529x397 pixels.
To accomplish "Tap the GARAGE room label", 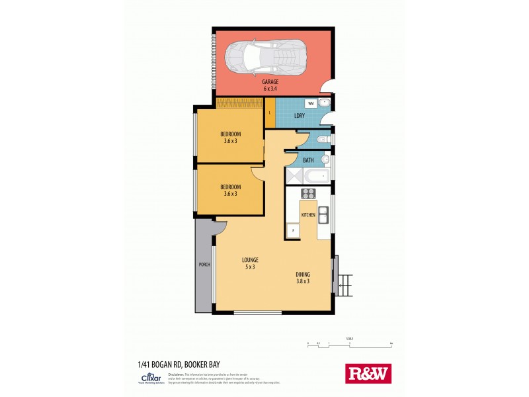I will [x=270, y=82].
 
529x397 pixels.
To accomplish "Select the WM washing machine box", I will [x=310, y=104].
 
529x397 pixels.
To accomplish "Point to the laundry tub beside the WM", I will [x=325, y=104].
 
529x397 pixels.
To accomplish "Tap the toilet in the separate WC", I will [x=322, y=140].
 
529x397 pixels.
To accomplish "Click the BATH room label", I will [x=308, y=160].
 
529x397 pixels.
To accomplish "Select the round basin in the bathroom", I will [x=325, y=159].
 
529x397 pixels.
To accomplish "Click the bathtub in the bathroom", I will [x=316, y=176].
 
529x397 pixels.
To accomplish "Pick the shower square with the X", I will [x=294, y=176].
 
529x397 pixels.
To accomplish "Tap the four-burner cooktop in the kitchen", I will [x=307, y=194].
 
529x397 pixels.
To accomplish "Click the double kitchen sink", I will [x=323, y=215].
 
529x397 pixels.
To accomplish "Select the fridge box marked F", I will [x=292, y=231].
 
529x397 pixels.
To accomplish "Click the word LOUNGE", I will [x=250, y=259].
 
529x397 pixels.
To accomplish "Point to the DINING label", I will [x=303, y=275].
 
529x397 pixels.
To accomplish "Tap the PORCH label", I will [x=204, y=265].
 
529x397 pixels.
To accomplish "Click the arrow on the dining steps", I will [x=341, y=286].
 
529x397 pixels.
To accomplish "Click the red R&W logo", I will [x=368, y=374].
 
